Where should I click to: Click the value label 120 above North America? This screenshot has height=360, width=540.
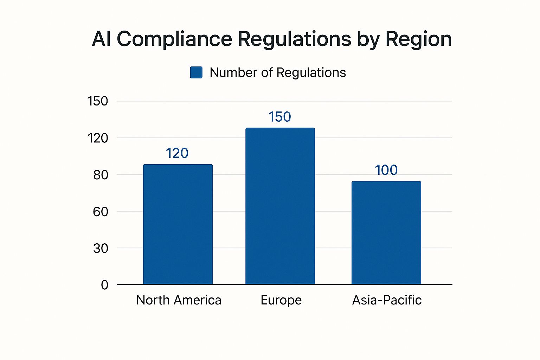(x=177, y=153)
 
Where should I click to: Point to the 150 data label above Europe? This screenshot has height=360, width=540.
(x=280, y=117)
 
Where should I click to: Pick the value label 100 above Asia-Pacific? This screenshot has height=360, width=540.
(x=386, y=170)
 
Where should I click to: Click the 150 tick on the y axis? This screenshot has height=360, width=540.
(x=97, y=101)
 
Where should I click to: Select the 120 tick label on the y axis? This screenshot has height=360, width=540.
(x=98, y=138)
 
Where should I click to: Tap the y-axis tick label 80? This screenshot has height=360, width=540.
(x=101, y=175)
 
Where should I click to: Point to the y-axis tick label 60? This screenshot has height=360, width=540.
(x=101, y=212)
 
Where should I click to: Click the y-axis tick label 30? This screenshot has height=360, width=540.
(x=101, y=249)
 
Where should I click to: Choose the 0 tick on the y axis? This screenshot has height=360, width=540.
(x=104, y=285)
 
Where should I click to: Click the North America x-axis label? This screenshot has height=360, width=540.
(x=179, y=300)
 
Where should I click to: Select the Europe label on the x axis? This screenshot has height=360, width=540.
(x=281, y=300)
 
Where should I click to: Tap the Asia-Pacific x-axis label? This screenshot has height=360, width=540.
(x=387, y=300)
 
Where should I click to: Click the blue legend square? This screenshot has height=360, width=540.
(x=196, y=72)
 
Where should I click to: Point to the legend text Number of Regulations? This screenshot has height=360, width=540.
(x=278, y=73)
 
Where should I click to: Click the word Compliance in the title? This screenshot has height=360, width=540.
(x=174, y=39)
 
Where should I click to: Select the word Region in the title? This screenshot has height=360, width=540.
(x=418, y=39)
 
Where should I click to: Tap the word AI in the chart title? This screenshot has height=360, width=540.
(x=102, y=39)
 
